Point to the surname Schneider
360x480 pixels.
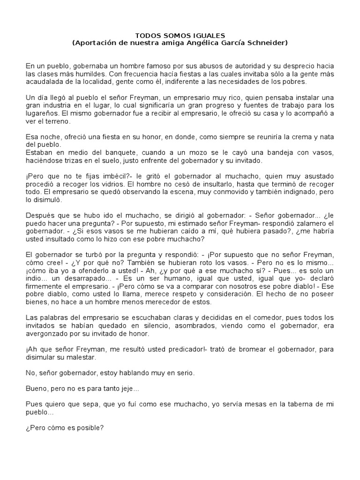[x=263, y=43]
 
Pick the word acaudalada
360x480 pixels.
[x=43, y=81]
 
